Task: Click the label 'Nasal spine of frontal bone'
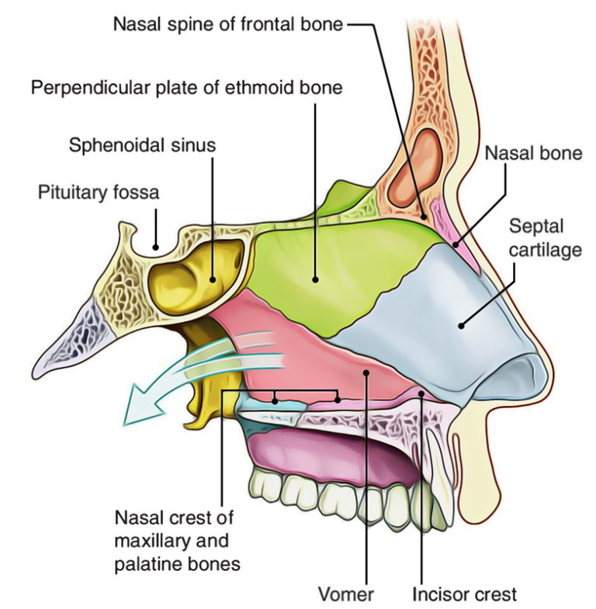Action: [x=227, y=24]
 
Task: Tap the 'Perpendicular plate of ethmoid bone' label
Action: [x=186, y=88]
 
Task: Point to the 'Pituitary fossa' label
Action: [x=99, y=192]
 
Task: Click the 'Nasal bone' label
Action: [x=533, y=154]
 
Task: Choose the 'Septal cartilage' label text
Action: [x=535, y=238]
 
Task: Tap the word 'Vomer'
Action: [x=345, y=595]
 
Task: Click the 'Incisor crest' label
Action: [x=463, y=595]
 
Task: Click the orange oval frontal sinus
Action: [x=415, y=167]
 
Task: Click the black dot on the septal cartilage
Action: [x=460, y=325]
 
